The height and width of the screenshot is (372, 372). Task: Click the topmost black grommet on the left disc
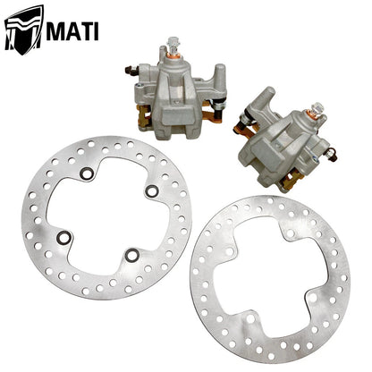(85, 175)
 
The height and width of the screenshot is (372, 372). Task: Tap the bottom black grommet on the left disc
(131, 255)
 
